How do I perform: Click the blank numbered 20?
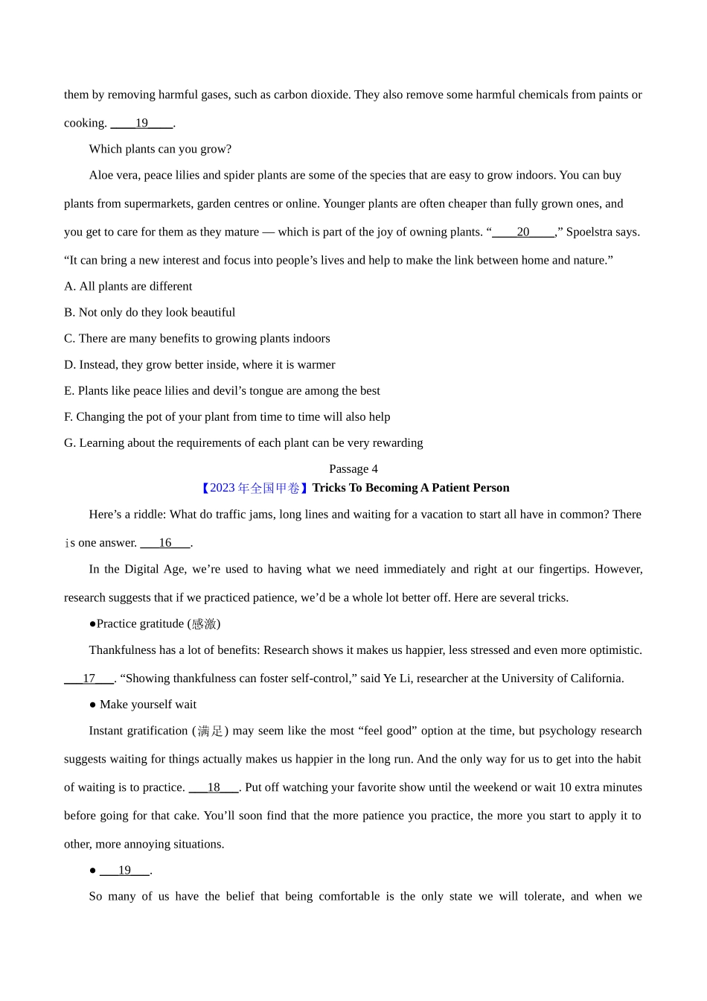[523, 232]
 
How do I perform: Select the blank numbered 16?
[165, 543]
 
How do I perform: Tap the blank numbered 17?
[89, 679]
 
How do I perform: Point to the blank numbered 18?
[214, 787]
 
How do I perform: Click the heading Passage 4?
[353, 468]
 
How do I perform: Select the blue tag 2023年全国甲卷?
[252, 488]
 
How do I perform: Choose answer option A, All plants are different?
[128, 286]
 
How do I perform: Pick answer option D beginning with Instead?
[199, 364]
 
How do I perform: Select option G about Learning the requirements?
[243, 442]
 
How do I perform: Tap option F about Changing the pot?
[227, 416]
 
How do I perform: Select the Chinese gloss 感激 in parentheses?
[203, 624]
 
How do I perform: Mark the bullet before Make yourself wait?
[93, 705]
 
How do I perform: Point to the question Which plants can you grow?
[160, 149]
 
